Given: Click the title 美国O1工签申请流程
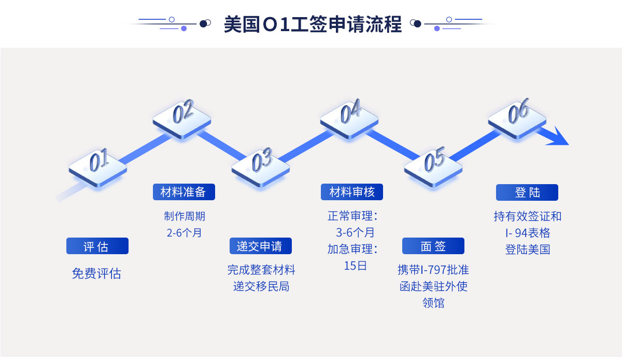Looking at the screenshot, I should click(x=313, y=24).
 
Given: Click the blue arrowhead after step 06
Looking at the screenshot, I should click(x=557, y=138).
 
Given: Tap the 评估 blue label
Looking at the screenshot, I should click(x=97, y=246).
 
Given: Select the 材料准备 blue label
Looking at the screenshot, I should click(x=183, y=192).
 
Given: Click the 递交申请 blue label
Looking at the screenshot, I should click(x=260, y=246).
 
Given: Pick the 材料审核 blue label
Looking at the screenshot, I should click(x=351, y=192).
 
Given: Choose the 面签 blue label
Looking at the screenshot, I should click(x=433, y=246).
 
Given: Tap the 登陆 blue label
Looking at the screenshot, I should click(x=527, y=192).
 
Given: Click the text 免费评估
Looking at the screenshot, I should click(x=96, y=274).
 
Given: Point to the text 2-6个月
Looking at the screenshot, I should click(x=184, y=233).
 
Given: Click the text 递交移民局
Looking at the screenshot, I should click(x=261, y=286).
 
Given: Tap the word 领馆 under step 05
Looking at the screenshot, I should click(x=433, y=303).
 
